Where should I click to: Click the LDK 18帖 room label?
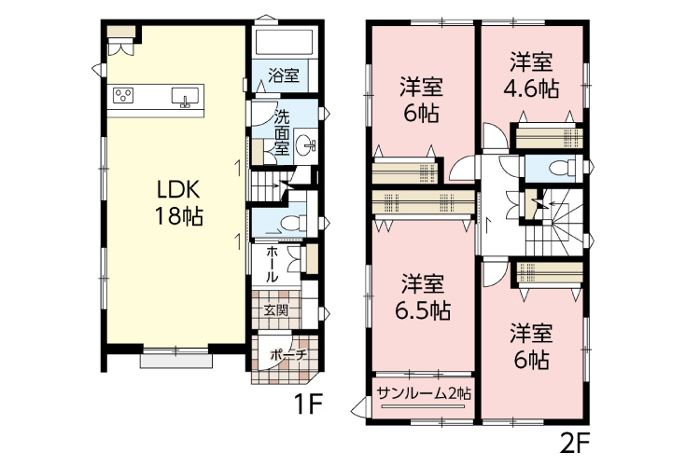pos(178,203)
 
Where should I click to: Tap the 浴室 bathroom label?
pos(284,75)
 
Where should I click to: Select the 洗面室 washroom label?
pos(282,132)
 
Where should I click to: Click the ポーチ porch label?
pos(288,355)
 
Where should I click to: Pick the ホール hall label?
pos(272,265)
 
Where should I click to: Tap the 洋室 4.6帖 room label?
pos(531,75)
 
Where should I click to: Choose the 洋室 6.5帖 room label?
pos(422,298)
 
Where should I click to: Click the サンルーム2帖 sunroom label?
pos(424,393)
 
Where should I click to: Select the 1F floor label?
pos(308,404)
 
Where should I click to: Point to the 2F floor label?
pos(575,444)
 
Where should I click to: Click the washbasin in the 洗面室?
pos(305,144)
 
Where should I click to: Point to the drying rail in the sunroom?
pos(423,407)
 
